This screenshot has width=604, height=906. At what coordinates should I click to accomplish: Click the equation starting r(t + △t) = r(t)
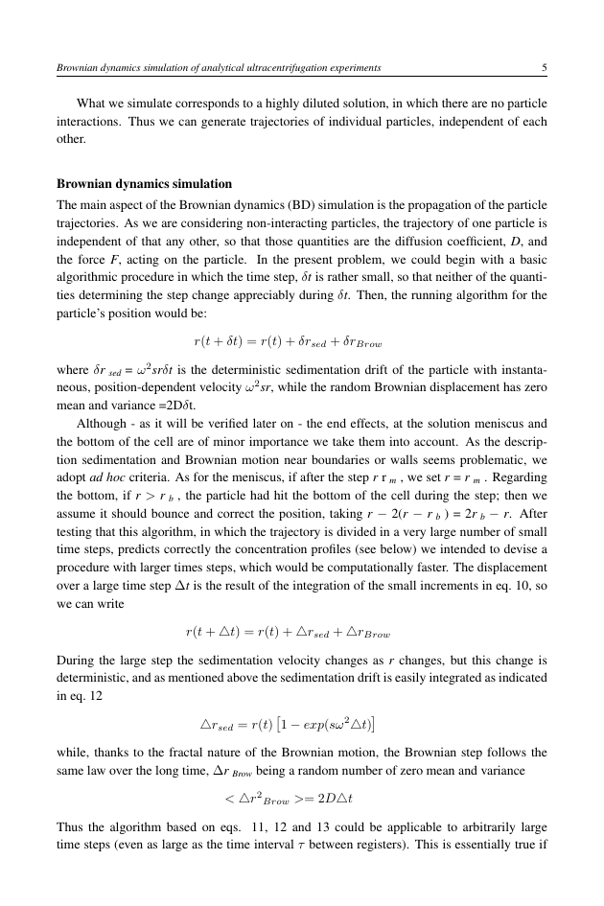click(x=288, y=633)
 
